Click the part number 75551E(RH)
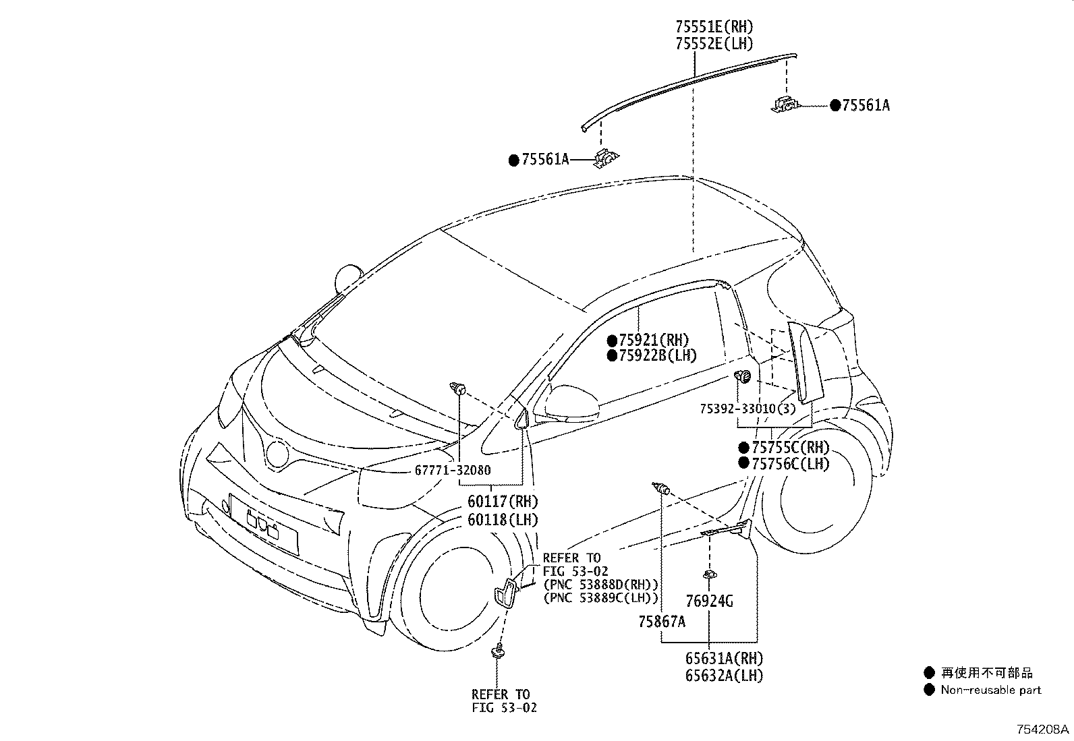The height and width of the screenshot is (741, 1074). point(714,27)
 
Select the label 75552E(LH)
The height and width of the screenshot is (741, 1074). point(714,44)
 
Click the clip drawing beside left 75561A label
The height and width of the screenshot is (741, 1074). point(605,159)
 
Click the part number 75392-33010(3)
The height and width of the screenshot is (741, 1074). point(747,409)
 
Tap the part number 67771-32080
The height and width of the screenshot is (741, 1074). point(453,471)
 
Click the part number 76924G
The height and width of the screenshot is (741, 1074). point(709,601)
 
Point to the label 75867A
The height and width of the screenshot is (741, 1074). point(662,621)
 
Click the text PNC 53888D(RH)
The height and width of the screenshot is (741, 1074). point(600,584)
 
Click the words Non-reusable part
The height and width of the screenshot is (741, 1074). point(990,690)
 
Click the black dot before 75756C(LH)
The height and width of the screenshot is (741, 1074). point(743,463)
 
